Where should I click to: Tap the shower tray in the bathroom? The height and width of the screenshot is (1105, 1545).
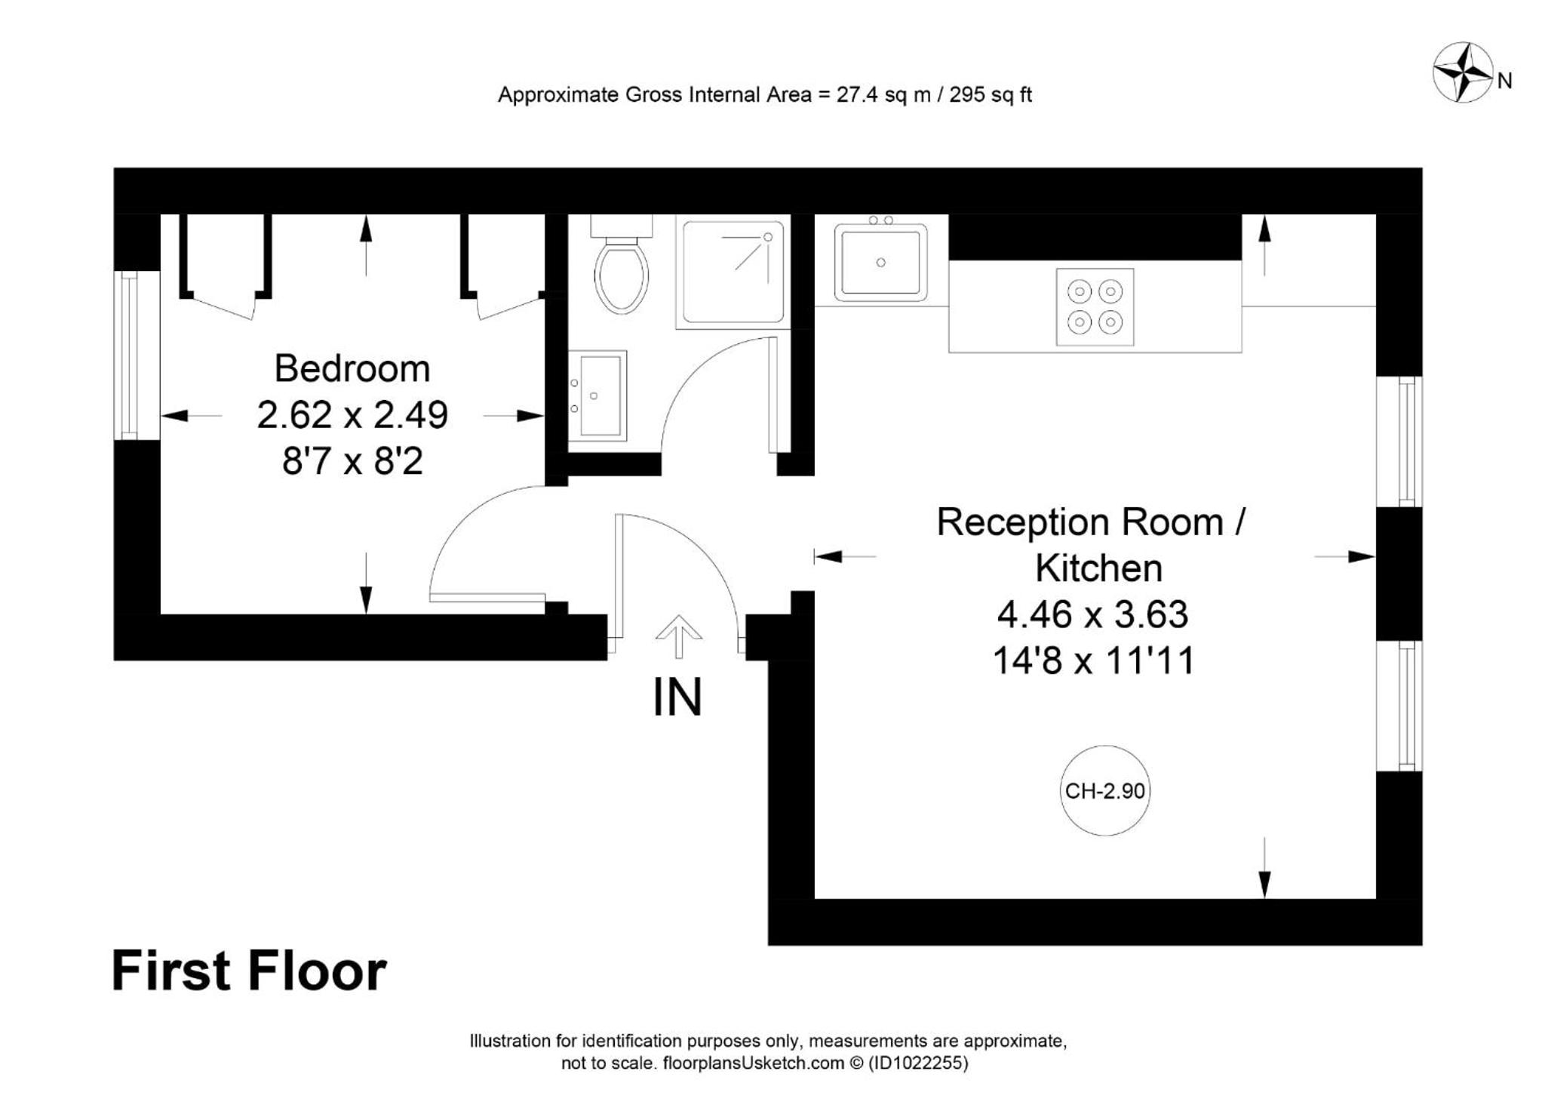click(x=733, y=272)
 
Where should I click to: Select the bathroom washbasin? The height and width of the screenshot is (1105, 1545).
click(x=597, y=396)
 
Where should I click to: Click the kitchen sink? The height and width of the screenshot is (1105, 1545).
click(x=880, y=262)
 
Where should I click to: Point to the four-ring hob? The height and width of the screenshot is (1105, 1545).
click(x=1095, y=307)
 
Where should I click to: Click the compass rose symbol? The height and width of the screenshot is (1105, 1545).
click(x=1463, y=72)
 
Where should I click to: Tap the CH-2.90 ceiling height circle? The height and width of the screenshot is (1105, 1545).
click(x=1104, y=790)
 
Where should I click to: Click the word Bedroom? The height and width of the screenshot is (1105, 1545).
click(x=352, y=368)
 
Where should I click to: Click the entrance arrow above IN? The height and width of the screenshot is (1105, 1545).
click(x=679, y=636)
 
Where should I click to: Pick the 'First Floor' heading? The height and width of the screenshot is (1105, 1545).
click(x=249, y=971)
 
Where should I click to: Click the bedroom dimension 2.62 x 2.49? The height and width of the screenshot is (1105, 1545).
click(x=352, y=414)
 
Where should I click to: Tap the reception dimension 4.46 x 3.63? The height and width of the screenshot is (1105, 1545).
click(x=1092, y=614)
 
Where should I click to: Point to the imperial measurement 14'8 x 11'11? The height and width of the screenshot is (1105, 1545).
click(x=1093, y=661)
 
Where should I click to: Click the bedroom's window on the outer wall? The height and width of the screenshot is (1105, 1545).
click(x=130, y=356)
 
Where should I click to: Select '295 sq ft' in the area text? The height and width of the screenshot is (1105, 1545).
click(x=991, y=95)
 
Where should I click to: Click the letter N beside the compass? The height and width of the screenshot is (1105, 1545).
click(x=1504, y=81)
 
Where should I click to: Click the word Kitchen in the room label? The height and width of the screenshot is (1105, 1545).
click(x=1098, y=568)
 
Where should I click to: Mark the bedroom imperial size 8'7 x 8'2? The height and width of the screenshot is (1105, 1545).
click(x=352, y=461)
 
